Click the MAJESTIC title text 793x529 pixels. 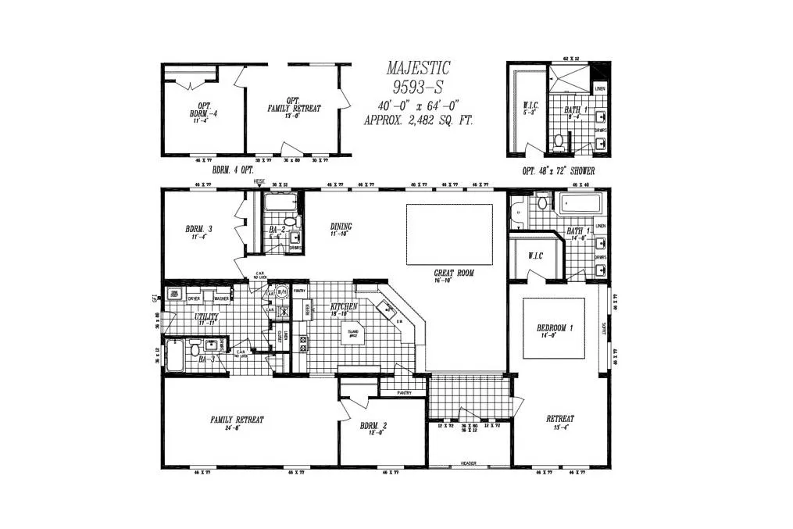(418, 70)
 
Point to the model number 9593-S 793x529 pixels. (418, 87)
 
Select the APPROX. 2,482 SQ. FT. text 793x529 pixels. (418, 121)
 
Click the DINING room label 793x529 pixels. (341, 227)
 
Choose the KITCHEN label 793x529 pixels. (344, 306)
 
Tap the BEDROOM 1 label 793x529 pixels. (555, 328)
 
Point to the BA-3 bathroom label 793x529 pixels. (207, 359)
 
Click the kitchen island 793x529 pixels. (354, 334)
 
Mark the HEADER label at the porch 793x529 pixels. (468, 463)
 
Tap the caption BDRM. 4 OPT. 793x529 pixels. (234, 169)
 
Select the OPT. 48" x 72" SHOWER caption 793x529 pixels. (558, 170)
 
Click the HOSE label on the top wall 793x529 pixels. (259, 182)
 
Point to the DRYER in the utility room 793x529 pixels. (195, 298)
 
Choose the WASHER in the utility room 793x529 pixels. (222, 298)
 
